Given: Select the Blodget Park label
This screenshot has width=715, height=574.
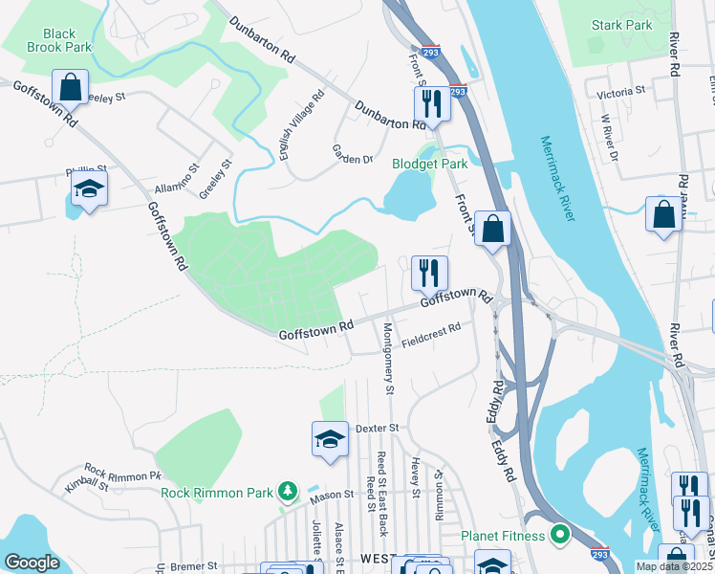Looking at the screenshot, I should coord(430,164).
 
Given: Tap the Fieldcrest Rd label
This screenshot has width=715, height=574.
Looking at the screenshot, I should coord(430,332).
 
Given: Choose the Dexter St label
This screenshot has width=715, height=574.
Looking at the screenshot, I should coord(377,429).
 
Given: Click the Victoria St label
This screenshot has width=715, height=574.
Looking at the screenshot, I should coord(621,93).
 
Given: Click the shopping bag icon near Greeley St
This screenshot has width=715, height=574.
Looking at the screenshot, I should coord(71,87).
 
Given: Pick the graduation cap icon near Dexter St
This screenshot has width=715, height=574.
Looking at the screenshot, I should coord(330,439).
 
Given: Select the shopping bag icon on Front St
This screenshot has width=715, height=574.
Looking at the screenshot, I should coord(492,229).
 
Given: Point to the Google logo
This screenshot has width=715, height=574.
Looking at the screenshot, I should coord(32,562).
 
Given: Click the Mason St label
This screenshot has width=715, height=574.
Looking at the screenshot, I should coord(332,496).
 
